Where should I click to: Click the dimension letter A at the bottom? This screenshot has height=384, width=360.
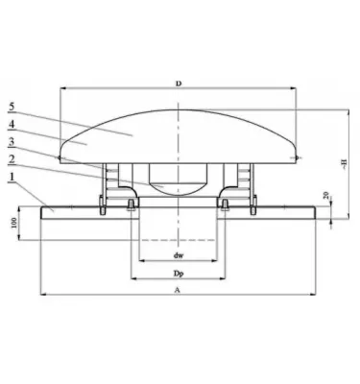tap(179, 291)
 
